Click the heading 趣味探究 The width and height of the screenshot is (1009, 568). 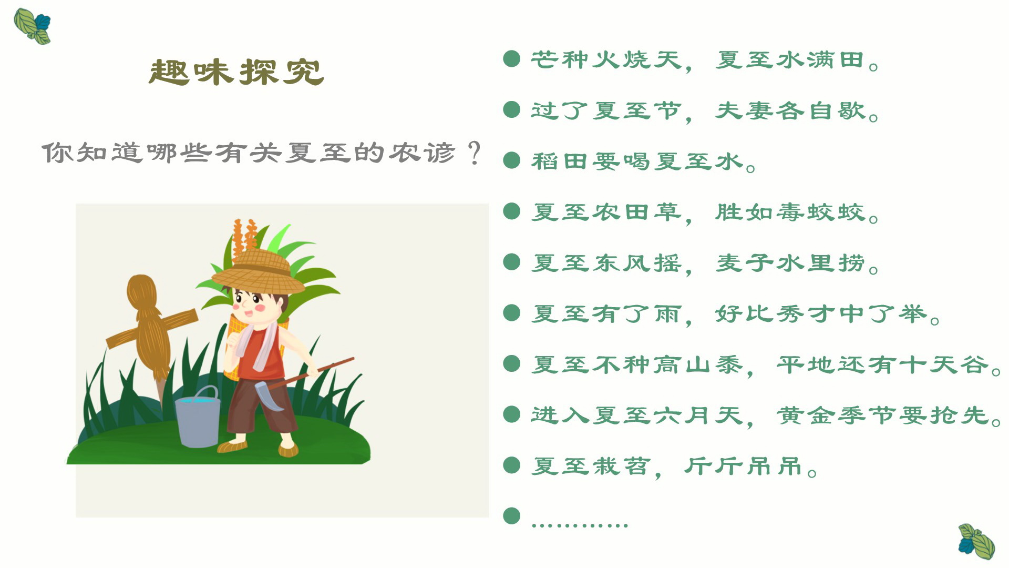(236, 72)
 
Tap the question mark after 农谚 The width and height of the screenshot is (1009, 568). (474, 153)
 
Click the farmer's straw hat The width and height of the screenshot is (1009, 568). (259, 272)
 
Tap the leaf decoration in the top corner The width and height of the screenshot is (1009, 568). (32, 26)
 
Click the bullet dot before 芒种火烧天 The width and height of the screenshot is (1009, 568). (511, 59)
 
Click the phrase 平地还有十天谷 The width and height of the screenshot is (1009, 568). (883, 364)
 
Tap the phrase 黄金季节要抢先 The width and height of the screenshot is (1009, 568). (883, 415)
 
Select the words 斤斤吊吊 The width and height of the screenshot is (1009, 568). (743, 466)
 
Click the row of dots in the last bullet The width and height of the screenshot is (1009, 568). (580, 524)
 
